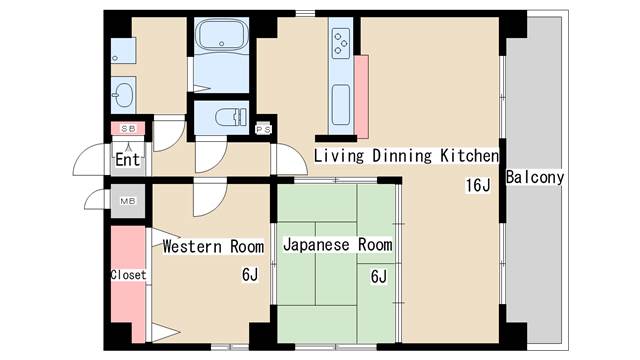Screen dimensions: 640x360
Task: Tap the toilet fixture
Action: pos(231,118)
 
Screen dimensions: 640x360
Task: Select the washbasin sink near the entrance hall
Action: pos(123,95)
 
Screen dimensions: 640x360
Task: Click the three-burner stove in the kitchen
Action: pos(340,43)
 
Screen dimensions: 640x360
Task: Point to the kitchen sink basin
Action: pos(341,105)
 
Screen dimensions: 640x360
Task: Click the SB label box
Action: pos(128,129)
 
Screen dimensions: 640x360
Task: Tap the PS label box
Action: pos(263,129)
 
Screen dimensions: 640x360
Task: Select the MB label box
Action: pos(128,201)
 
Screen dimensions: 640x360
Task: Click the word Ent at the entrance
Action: pos(127,160)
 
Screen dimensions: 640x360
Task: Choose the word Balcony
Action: pos(535,178)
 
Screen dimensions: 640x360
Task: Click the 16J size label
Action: pos(478,185)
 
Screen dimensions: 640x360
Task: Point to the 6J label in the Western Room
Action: pos(250,275)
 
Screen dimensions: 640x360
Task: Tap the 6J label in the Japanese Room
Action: pos(379,277)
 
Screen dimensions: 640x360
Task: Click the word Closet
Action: pos(128,275)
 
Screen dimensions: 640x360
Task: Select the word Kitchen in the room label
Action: pos(469,156)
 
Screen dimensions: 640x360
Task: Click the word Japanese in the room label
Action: pos(316,245)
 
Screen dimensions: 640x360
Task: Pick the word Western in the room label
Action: pos(192,247)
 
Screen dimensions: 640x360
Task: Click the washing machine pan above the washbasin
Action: pos(123,51)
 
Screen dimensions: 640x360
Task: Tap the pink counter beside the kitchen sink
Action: pos(361,97)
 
